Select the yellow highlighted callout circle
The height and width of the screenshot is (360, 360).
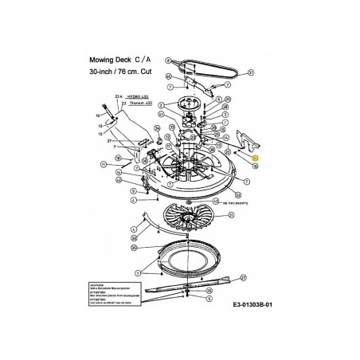click(x=256, y=159)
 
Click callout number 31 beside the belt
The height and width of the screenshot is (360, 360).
click(x=250, y=72)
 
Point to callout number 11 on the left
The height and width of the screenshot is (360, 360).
click(x=104, y=164)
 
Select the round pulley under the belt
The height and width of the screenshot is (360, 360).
click(x=188, y=103)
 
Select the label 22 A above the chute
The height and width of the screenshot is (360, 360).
click(x=121, y=96)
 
